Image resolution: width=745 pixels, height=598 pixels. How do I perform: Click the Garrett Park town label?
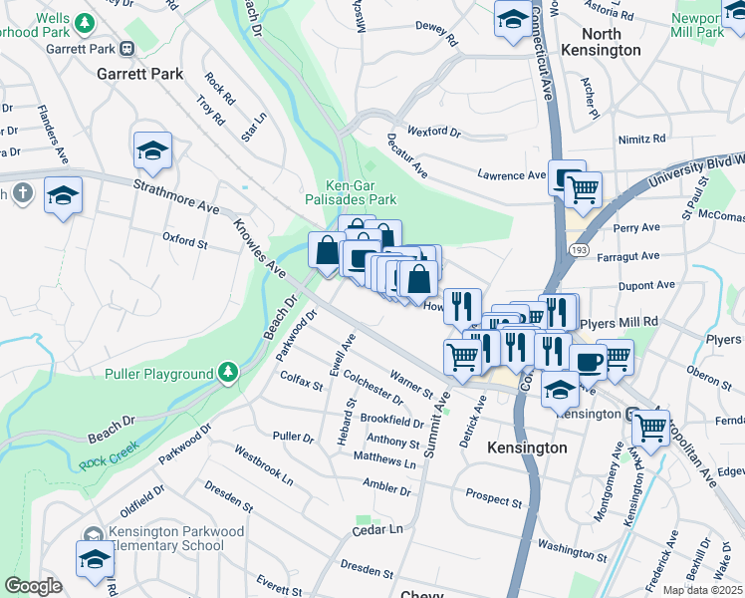point(139,74)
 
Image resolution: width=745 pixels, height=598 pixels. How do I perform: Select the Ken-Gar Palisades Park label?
point(348,191)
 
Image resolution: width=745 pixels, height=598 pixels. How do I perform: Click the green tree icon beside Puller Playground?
point(229,373)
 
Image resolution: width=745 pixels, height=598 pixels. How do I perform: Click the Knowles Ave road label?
point(260,248)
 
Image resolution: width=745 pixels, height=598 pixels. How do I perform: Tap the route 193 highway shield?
point(579,245)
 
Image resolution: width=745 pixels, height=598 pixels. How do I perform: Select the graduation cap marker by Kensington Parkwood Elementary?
point(96,557)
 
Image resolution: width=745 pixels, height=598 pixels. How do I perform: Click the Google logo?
point(33,586)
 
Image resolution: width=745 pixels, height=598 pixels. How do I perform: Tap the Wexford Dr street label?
point(434,132)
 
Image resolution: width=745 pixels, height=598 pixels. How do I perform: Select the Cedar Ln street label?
point(380,530)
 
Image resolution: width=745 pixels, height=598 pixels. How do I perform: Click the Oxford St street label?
point(184,240)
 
